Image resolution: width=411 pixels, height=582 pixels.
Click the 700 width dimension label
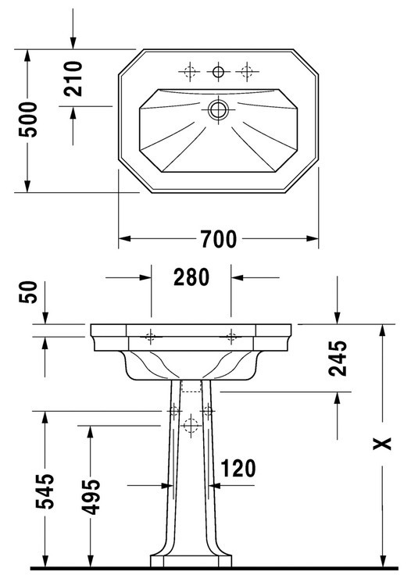219,239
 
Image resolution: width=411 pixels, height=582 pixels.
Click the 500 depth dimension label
29,120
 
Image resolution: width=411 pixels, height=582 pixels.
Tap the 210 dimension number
73,79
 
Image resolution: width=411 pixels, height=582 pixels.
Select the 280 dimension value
191,277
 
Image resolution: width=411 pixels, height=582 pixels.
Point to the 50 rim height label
29,292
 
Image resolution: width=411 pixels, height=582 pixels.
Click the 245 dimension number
338,358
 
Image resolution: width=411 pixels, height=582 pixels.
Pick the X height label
382,443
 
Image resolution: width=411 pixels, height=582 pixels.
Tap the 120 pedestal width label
238,469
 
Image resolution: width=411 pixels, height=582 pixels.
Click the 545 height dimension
45,491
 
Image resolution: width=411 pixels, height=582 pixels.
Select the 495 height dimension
91,498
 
